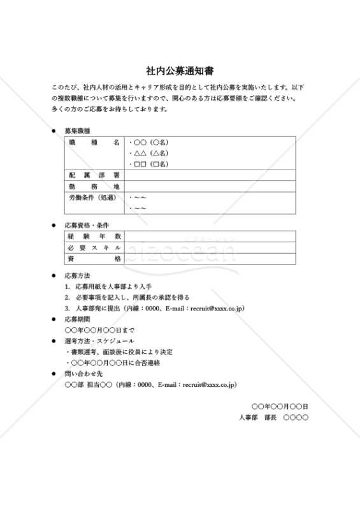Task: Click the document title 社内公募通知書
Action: (x=180, y=71)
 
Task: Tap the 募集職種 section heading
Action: (x=77, y=130)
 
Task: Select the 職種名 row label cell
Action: (x=94, y=142)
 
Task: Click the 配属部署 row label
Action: (x=94, y=174)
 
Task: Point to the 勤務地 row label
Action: (x=94, y=186)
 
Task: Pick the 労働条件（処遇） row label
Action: (x=94, y=198)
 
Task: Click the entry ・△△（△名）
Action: (x=148, y=153)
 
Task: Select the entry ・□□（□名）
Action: (x=148, y=164)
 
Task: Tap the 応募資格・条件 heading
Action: (x=87, y=226)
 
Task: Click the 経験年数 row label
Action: (x=94, y=237)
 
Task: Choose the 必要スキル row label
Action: (x=94, y=247)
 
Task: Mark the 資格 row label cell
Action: (x=94, y=259)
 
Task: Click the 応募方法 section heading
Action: (x=77, y=275)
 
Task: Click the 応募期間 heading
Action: (x=77, y=319)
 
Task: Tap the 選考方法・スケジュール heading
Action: (x=99, y=341)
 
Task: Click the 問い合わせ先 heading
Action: (x=80, y=374)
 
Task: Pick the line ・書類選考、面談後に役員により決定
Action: (x=119, y=352)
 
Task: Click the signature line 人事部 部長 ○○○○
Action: (x=273, y=417)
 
